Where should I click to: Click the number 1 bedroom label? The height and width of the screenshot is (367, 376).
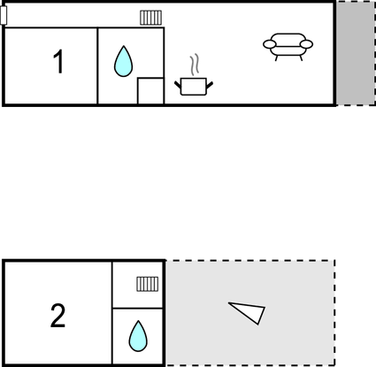pos(58,61)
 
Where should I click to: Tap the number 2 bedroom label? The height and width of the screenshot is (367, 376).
pos(58,316)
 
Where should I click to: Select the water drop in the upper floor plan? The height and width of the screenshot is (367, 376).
pos(123,61)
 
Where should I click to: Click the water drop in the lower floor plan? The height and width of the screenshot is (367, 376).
pos(138,336)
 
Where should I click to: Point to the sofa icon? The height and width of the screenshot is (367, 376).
pos(288,47)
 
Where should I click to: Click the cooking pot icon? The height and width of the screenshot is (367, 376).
pos(194,87)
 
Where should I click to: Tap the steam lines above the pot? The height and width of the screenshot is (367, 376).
pos(195,65)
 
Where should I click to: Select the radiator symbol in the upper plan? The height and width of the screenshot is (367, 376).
pos(150,18)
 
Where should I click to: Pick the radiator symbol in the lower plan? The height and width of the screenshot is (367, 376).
pos(148,284)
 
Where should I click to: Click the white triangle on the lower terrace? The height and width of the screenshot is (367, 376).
pos(249,312)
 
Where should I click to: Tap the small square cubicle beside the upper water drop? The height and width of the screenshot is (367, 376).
pos(150,91)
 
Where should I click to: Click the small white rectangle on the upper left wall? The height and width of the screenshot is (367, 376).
pos(4,15)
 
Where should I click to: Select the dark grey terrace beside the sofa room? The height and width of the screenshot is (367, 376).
pos(356,53)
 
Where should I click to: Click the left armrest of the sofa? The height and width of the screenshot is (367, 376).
pos(269,44)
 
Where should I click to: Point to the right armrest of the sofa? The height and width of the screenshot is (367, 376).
pos(306,44)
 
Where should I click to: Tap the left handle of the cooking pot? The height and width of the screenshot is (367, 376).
pos(178,85)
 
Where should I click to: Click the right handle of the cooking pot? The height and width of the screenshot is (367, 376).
pos(210,85)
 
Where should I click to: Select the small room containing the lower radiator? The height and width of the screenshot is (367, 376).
pos(138,285)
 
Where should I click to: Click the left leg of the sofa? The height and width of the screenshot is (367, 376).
pos(276,58)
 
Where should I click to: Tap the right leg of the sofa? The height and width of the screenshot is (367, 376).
pos(301,58)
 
